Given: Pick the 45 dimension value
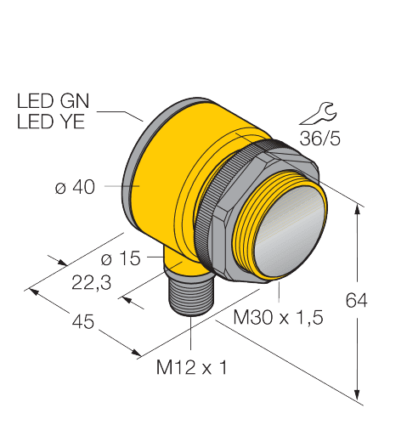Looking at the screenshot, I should (83, 322).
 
